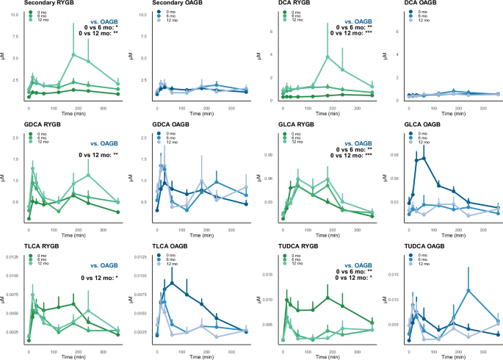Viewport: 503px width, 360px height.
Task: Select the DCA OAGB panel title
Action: pos(402,4)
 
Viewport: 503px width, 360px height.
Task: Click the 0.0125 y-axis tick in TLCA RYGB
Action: pos(12,256)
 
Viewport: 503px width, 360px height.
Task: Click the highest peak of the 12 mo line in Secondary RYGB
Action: pos(73,54)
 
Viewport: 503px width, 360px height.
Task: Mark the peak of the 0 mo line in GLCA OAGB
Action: pos(424,156)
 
